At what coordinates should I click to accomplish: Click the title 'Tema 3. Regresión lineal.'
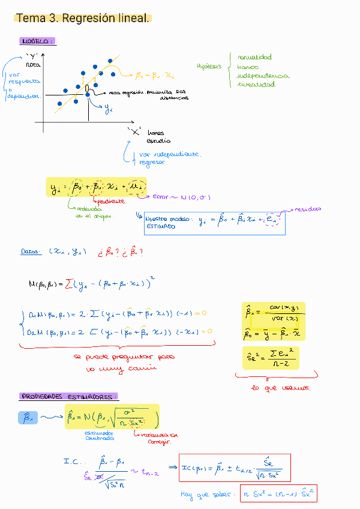point(83,19)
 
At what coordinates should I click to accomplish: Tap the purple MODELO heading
point(37,41)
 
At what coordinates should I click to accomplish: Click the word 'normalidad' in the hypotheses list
point(254,58)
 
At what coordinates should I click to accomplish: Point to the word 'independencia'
point(262,76)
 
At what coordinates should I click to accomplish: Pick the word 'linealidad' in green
point(256,85)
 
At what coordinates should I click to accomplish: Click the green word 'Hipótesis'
point(209,67)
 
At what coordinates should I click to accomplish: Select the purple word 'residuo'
point(307,209)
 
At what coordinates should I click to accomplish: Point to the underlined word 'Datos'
point(31,253)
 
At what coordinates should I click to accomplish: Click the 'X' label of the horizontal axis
point(134,130)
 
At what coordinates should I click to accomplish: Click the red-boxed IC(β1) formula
point(235,467)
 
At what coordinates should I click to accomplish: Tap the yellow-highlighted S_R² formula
point(270,358)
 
